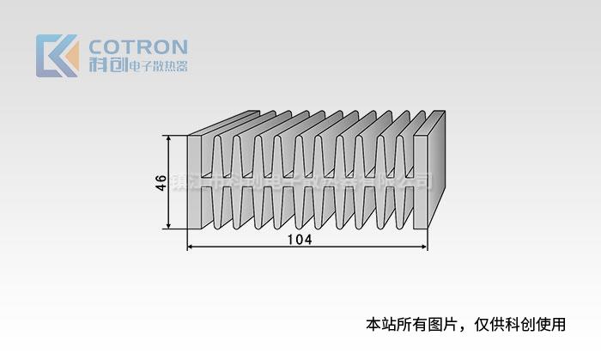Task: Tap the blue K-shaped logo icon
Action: tap(57, 56)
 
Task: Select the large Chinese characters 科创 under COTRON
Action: tap(107, 65)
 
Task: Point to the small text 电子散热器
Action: tap(157, 66)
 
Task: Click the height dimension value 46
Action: tap(161, 182)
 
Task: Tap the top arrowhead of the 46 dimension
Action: tap(169, 139)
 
